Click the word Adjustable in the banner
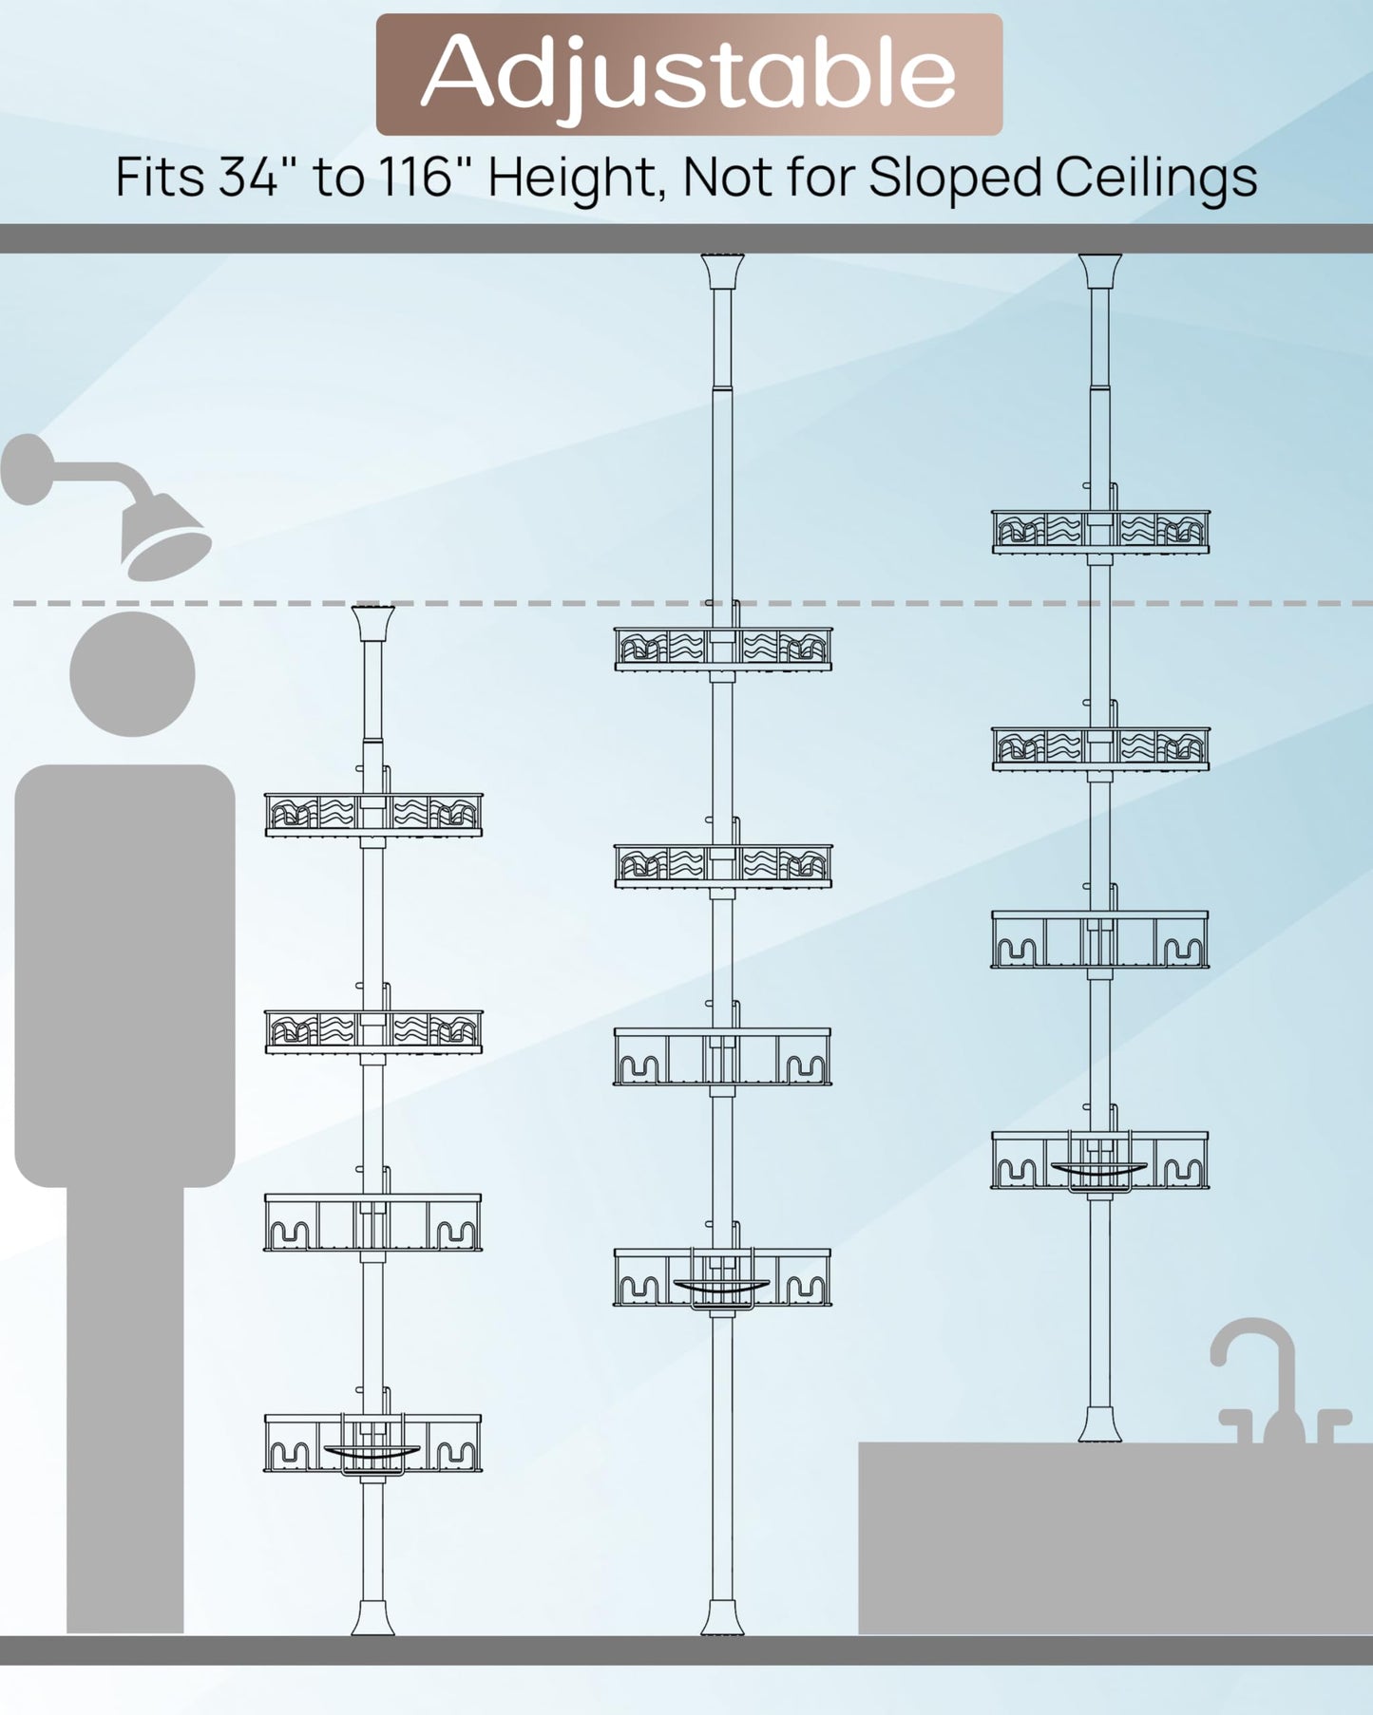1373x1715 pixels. click(x=688, y=74)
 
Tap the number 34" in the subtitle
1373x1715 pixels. click(x=249, y=177)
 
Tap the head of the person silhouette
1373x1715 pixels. click(x=132, y=674)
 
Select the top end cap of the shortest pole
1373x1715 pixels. click(x=372, y=623)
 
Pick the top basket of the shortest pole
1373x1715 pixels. click(x=373, y=815)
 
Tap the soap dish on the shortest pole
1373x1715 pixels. click(x=372, y=1453)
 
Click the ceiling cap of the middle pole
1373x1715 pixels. click(x=722, y=272)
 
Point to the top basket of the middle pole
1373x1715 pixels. click(x=722, y=649)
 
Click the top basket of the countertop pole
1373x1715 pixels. click(x=1100, y=532)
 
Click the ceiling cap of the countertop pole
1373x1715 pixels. click(x=1100, y=272)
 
